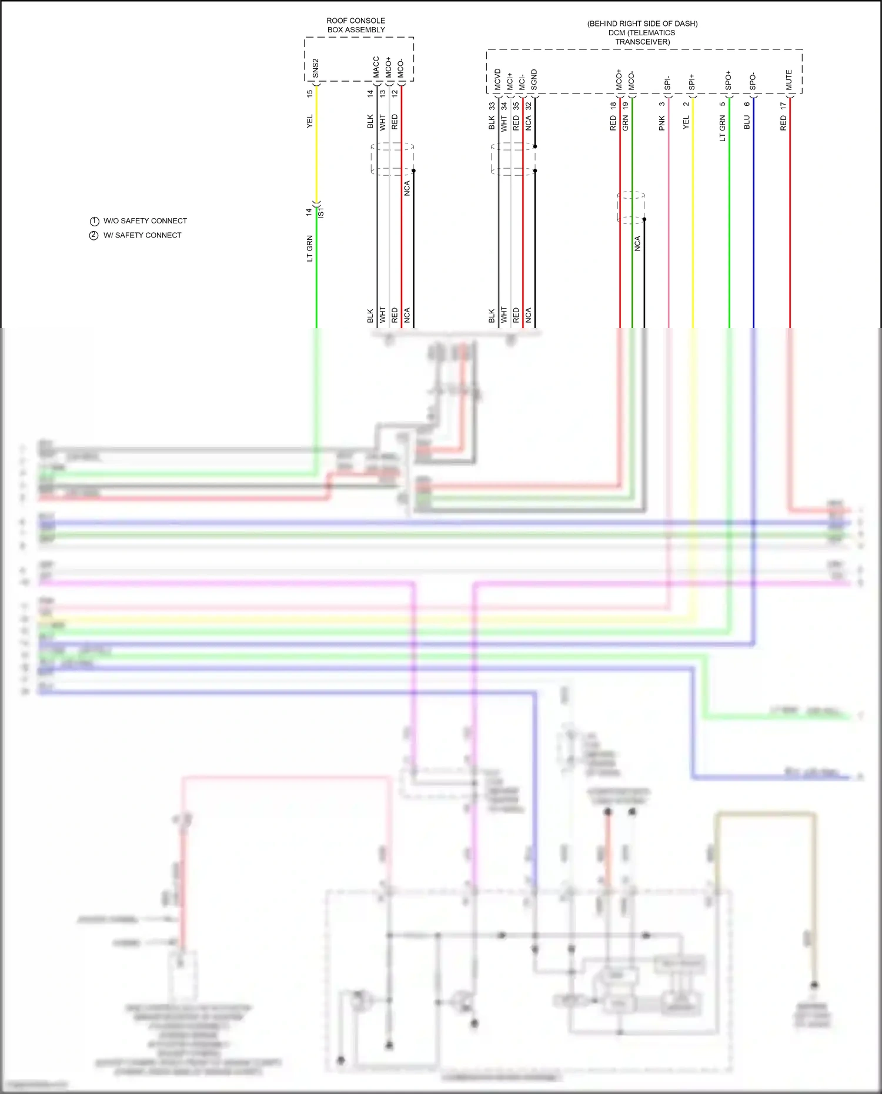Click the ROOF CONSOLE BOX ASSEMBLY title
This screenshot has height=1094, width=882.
[356, 25]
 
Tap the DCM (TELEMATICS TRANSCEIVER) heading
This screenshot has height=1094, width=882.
[642, 37]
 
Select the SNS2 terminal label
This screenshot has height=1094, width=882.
[316, 68]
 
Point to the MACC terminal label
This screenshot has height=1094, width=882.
[376, 67]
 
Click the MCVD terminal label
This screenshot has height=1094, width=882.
[497, 79]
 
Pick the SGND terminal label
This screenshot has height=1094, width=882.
[534, 79]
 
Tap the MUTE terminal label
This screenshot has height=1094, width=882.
[789, 80]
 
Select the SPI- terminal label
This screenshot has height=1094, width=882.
[667, 82]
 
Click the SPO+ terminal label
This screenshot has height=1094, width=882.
[728, 81]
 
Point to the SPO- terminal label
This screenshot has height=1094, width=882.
[753, 82]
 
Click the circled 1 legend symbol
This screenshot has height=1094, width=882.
[94, 221]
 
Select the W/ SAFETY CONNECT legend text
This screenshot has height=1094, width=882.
[142, 235]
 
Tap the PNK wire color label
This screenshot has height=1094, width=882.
[662, 123]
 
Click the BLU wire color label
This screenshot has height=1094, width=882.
[747, 122]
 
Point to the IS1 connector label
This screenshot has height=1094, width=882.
[321, 213]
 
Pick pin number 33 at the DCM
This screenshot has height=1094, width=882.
[492, 106]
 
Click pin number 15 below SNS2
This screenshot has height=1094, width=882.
[310, 93]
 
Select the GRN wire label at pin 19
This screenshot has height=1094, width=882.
[626, 123]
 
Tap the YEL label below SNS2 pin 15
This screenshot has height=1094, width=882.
[310, 121]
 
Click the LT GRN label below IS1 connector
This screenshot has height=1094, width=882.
[310, 249]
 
